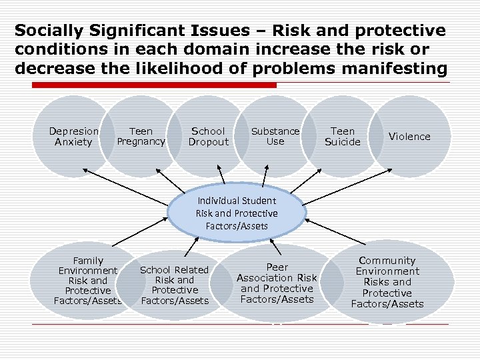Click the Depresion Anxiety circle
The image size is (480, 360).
(x=73, y=136)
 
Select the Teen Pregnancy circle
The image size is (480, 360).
(x=141, y=136)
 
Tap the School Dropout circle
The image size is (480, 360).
(x=208, y=136)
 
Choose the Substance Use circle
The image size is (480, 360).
(x=275, y=136)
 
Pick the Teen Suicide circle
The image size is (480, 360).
(x=342, y=136)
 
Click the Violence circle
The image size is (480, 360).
(x=409, y=137)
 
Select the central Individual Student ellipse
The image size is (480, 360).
(x=237, y=213)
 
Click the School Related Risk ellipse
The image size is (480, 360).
(x=174, y=285)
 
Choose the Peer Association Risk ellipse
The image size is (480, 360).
(x=277, y=283)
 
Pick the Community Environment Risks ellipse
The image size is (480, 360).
(x=387, y=282)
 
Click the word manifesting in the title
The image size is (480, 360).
(x=393, y=68)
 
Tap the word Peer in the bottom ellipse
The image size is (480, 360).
(x=277, y=267)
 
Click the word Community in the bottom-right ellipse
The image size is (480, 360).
(x=387, y=261)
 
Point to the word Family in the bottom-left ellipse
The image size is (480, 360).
(x=88, y=261)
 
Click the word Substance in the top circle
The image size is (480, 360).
(x=275, y=131)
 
